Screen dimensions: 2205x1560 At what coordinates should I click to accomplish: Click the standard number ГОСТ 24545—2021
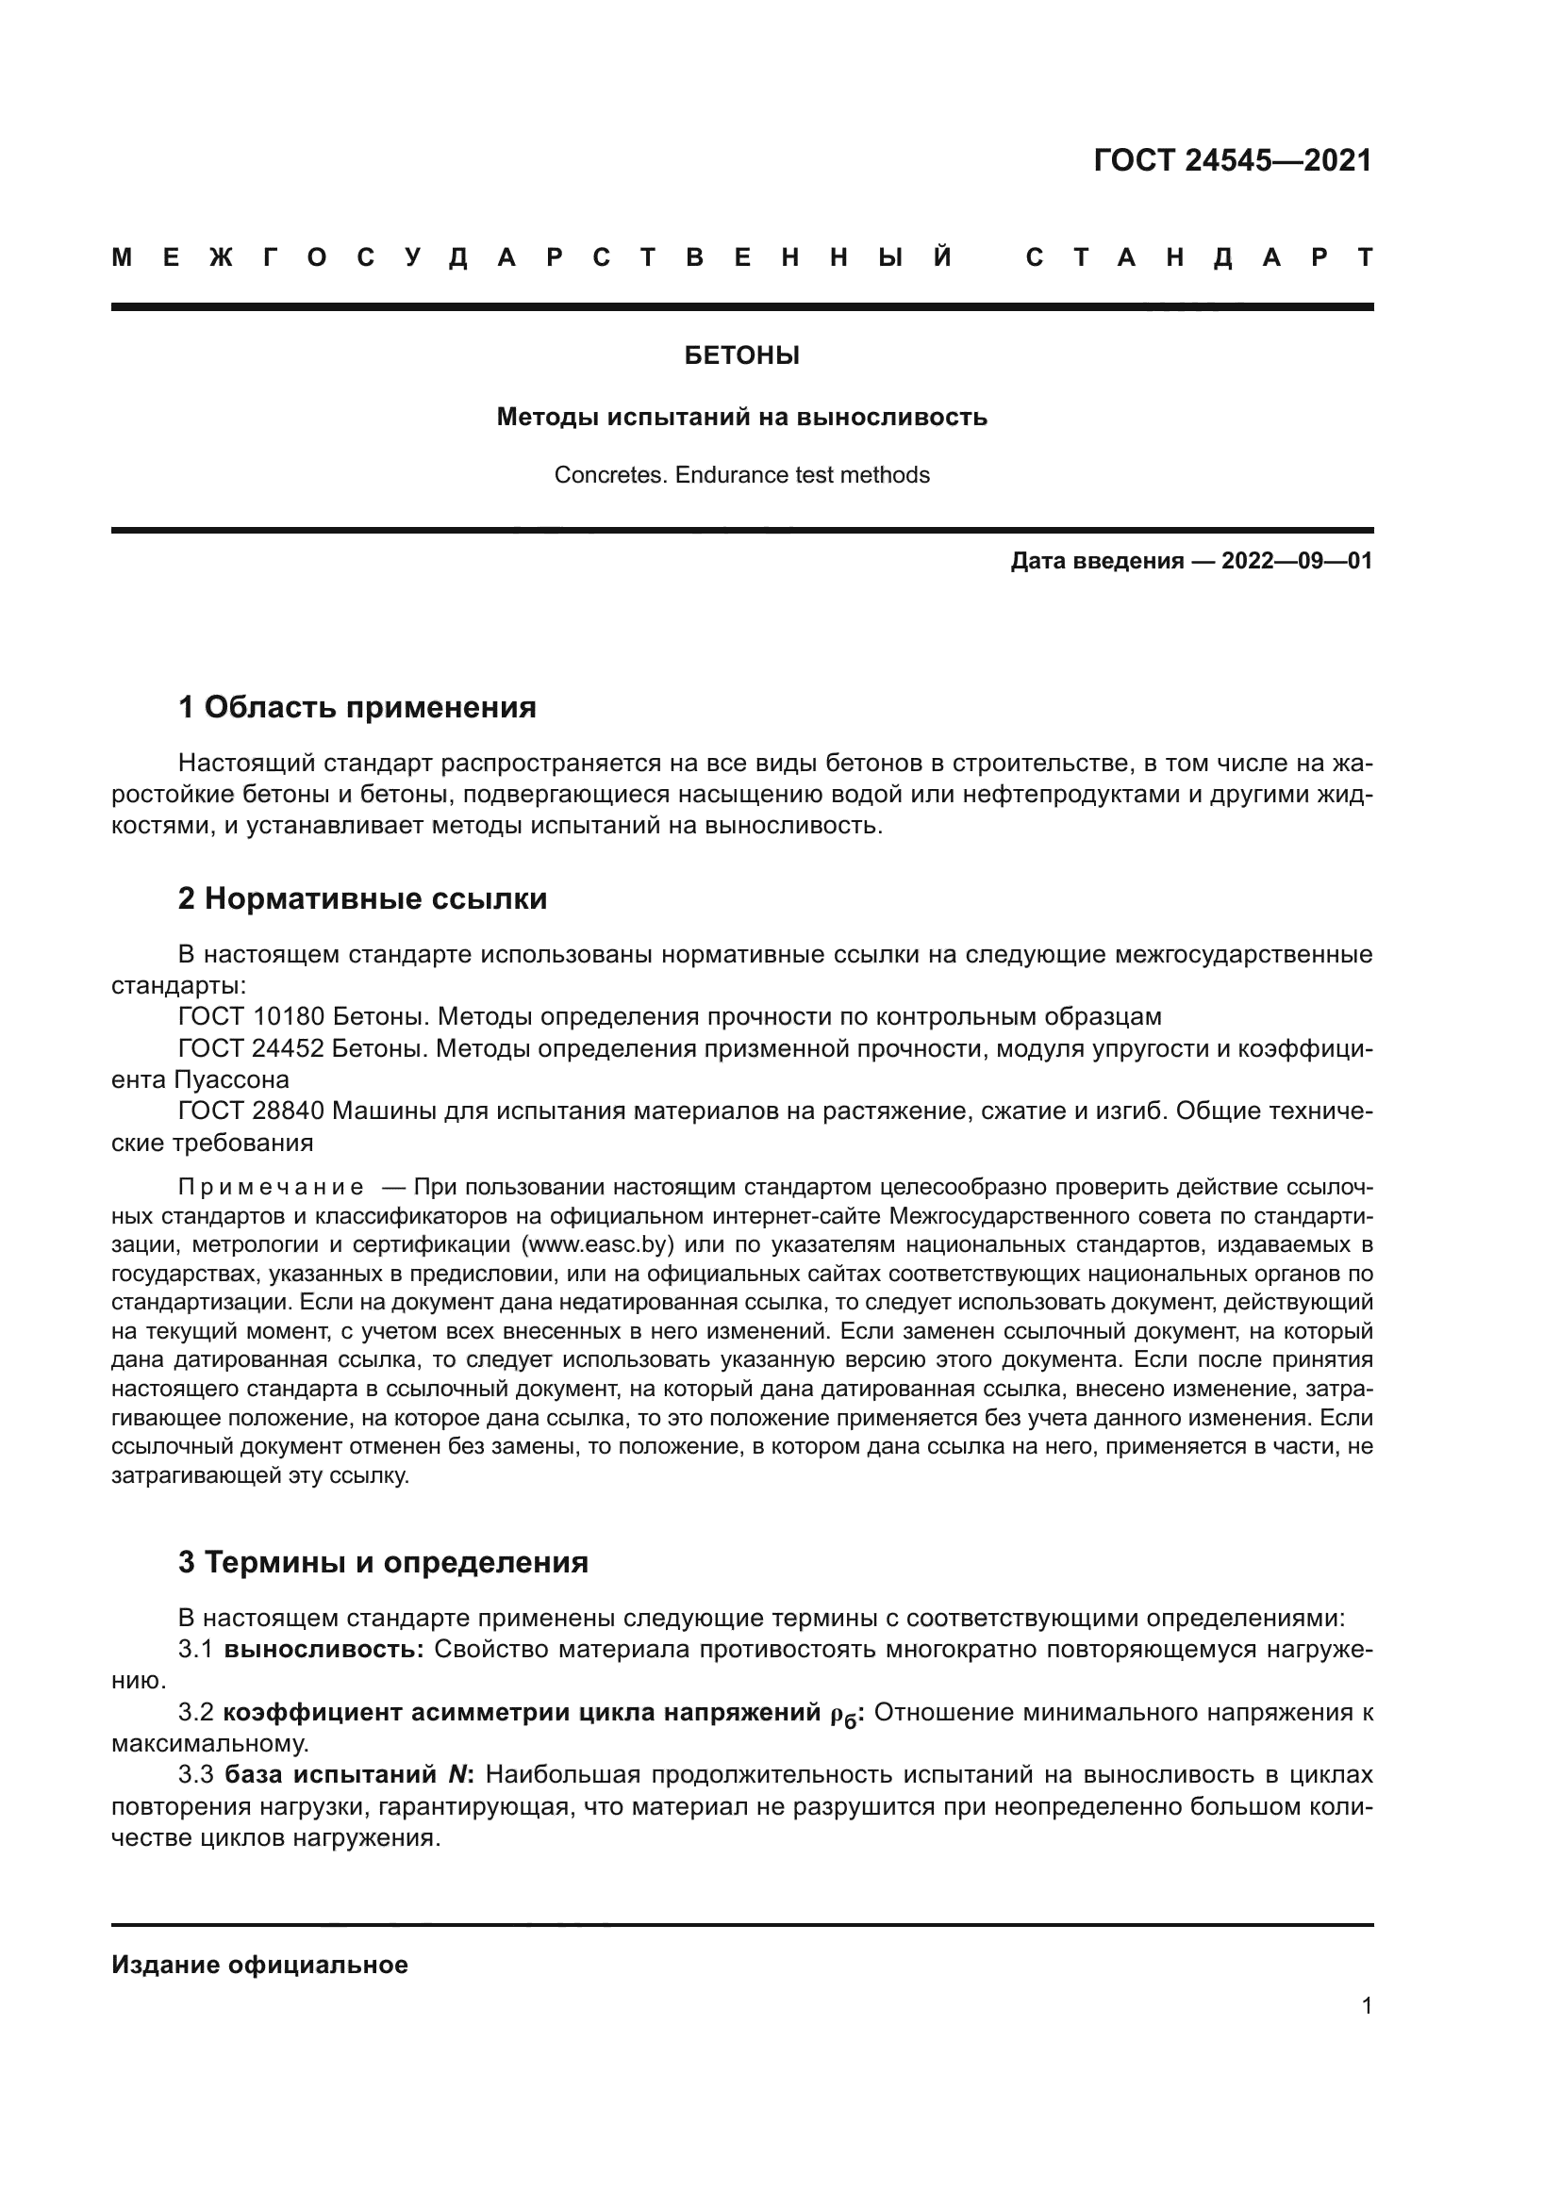click(x=1233, y=160)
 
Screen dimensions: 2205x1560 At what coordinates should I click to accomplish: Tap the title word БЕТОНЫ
click(x=741, y=356)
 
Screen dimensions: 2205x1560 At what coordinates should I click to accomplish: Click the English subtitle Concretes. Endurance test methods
click(x=741, y=475)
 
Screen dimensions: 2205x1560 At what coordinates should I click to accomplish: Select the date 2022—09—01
click(x=1297, y=562)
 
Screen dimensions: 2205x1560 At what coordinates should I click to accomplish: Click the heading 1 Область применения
click(x=357, y=708)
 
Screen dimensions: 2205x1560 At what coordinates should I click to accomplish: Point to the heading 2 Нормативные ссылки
click(x=362, y=899)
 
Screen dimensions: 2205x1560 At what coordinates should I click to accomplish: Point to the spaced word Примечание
click(x=271, y=1188)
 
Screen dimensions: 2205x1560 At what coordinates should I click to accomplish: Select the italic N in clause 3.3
click(x=457, y=1775)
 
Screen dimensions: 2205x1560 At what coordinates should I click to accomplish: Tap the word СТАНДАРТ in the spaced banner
click(x=1199, y=258)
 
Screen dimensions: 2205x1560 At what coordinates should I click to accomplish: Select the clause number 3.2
click(x=196, y=1712)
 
